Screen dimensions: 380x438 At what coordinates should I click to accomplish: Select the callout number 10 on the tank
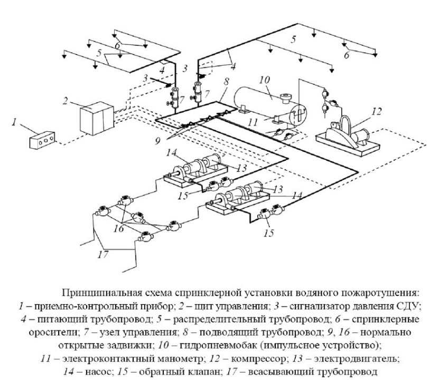click(x=264, y=79)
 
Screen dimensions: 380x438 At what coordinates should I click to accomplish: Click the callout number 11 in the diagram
click(x=253, y=121)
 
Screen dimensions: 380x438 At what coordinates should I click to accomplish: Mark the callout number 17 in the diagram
click(x=102, y=254)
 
